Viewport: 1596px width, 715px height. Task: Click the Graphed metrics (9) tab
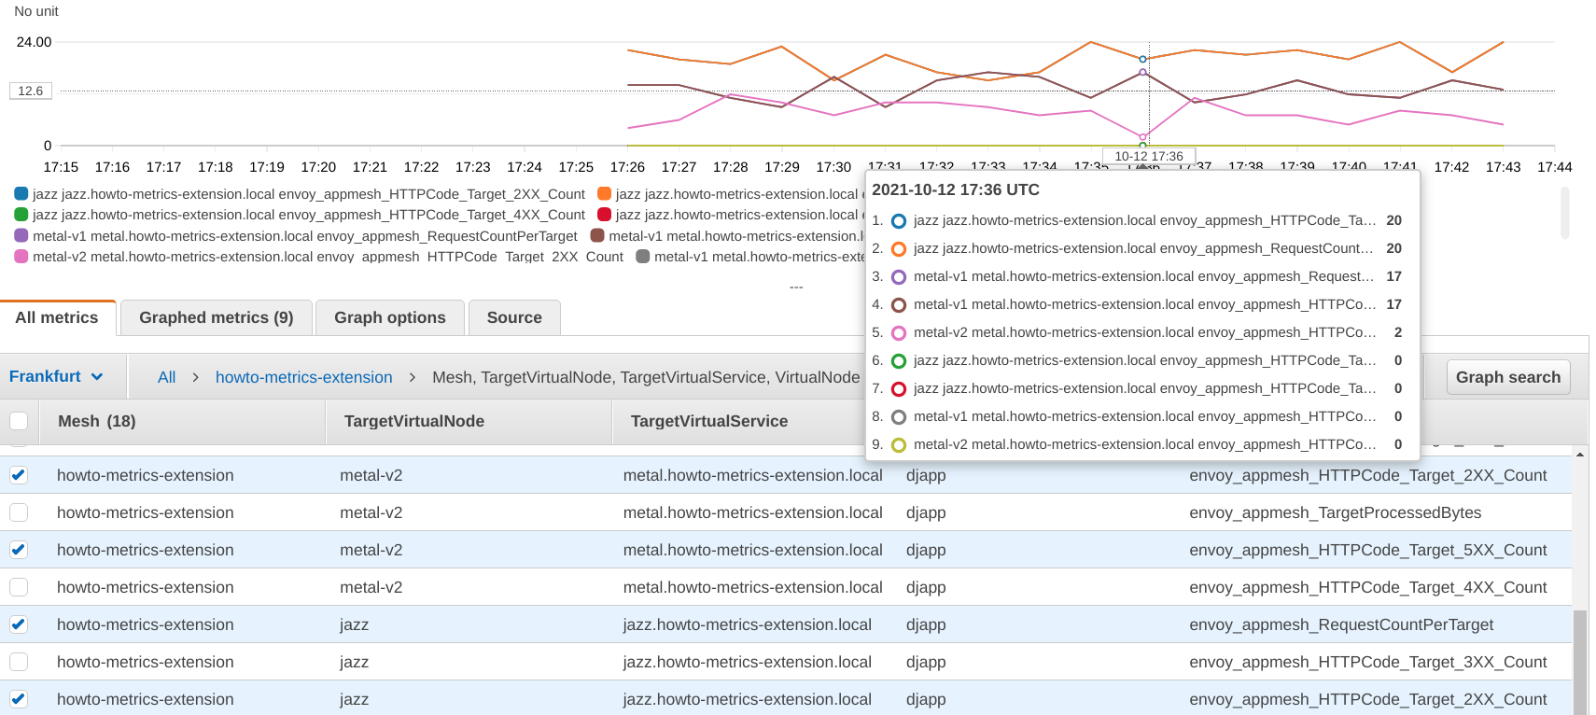pos(216,317)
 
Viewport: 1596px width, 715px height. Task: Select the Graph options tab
pos(389,317)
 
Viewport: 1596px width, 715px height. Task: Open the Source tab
pos(513,317)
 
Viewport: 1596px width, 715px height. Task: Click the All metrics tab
pos(57,317)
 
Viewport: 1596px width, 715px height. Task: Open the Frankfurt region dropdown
pos(56,376)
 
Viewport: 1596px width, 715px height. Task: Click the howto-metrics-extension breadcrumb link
pos(303,377)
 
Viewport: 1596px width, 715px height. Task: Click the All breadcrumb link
pos(166,377)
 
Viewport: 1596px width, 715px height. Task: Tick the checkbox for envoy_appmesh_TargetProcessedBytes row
pos(19,512)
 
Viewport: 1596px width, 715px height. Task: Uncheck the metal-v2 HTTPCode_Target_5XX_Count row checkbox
pos(19,550)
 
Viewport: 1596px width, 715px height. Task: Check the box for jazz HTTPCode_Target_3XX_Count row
pos(19,662)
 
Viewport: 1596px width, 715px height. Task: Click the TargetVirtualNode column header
pos(413,421)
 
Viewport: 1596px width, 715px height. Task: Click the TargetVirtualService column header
pos(708,421)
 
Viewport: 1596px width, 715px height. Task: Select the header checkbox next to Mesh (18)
pos(19,421)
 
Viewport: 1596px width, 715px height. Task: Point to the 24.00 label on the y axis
pos(35,42)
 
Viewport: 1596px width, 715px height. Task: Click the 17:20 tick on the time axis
pos(318,167)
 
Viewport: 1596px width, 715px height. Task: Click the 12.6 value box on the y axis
pos(31,91)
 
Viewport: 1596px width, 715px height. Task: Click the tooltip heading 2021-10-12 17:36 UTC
pos(955,189)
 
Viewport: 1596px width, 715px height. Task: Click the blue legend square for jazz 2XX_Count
pos(21,194)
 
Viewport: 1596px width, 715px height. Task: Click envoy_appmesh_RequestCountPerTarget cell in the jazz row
pos(1340,624)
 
